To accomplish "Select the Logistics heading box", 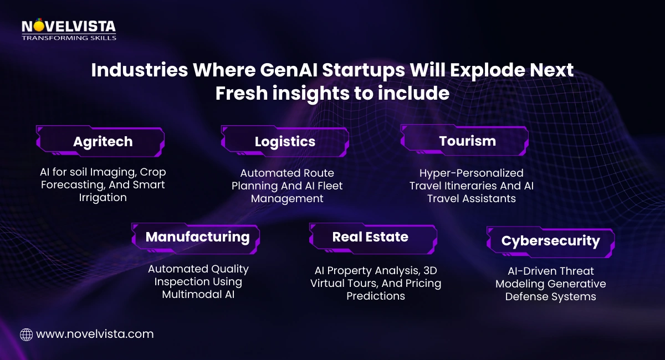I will (285, 141).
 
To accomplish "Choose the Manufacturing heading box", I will (197, 237).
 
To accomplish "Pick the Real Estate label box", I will (370, 237).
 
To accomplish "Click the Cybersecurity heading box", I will (550, 241).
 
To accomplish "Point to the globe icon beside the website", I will (26, 335).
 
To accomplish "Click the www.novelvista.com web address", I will (94, 334).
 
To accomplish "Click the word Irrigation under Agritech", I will (103, 198).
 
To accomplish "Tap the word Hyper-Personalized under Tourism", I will (471, 173).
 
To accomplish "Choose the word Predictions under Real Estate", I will (376, 296).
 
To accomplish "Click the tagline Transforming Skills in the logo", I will (69, 38).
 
